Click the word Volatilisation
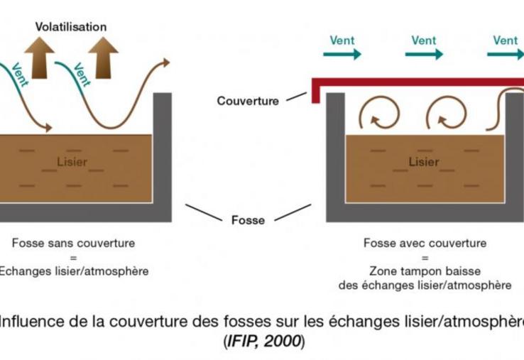pyautogui.click(x=71, y=27)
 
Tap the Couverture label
pyautogui.click(x=248, y=102)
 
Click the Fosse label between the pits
pyautogui.click(x=248, y=220)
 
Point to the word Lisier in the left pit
pyautogui.click(x=72, y=162)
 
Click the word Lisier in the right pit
pyautogui.click(x=424, y=162)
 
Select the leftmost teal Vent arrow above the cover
pyautogui.click(x=345, y=54)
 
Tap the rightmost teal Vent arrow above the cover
pyautogui.click(x=506, y=54)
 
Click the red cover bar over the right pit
pyautogui.click(x=426, y=82)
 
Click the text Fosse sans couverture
pyautogui.click(x=73, y=244)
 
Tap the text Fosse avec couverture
pyautogui.click(x=425, y=244)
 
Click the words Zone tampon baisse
pyautogui.click(x=425, y=271)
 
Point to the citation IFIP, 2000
pyautogui.click(x=263, y=342)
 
